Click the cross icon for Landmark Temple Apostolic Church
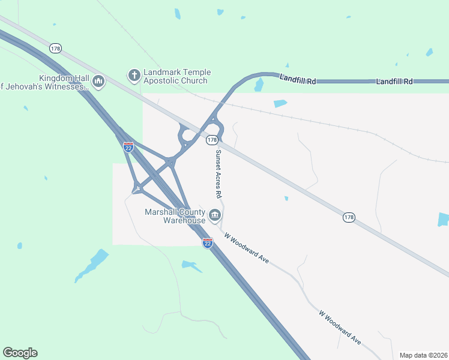(x=134, y=76)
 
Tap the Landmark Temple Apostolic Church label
(x=177, y=76)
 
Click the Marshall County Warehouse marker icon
(x=215, y=215)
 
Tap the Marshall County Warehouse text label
(x=175, y=216)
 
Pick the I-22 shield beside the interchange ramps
(x=128, y=146)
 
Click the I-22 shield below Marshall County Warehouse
(x=207, y=243)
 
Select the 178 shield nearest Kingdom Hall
(x=56, y=48)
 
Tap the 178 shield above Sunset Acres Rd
(x=211, y=140)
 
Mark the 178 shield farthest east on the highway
(x=349, y=217)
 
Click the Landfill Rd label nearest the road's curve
(x=297, y=79)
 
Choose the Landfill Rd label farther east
(x=394, y=81)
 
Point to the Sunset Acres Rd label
(x=218, y=175)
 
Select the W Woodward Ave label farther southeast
(x=340, y=327)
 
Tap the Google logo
(x=20, y=353)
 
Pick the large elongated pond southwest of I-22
(x=92, y=265)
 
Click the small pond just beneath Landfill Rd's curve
(x=259, y=86)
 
